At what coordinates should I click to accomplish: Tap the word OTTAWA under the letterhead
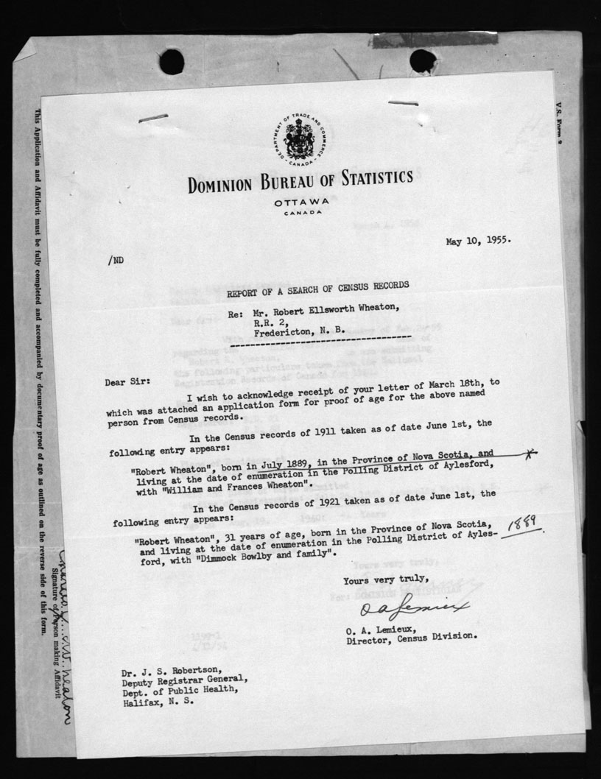click(x=300, y=202)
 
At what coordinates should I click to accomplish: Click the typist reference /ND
click(x=116, y=259)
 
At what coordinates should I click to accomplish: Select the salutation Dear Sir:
click(x=129, y=381)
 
